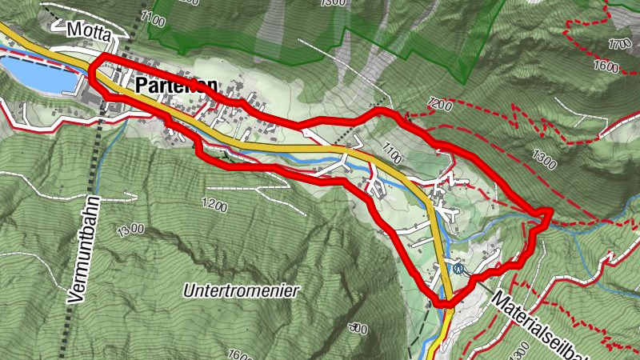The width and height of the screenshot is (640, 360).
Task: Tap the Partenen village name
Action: click(174, 84)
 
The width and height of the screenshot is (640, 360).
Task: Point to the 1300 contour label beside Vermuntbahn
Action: click(130, 229)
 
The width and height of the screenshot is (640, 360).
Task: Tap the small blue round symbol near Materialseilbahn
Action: click(457, 270)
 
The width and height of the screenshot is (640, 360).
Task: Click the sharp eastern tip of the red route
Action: click(551, 210)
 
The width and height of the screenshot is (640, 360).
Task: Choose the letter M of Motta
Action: click(74, 30)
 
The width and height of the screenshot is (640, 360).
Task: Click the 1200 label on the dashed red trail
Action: click(439, 104)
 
